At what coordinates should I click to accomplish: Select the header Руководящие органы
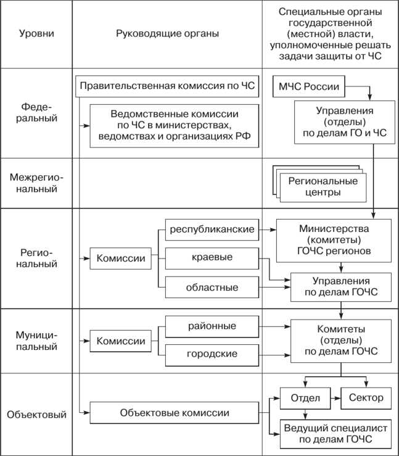(x=167, y=33)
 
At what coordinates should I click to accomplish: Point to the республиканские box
(x=212, y=229)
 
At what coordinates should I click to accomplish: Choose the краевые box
(x=212, y=257)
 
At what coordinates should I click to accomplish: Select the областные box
(x=212, y=287)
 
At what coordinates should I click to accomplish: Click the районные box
(x=212, y=325)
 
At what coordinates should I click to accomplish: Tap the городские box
(x=212, y=354)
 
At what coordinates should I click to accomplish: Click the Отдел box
(x=305, y=397)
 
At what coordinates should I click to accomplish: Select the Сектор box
(x=366, y=397)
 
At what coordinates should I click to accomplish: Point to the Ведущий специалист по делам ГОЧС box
(x=335, y=434)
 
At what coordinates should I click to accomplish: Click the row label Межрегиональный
(x=36, y=183)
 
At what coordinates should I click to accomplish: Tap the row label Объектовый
(x=36, y=414)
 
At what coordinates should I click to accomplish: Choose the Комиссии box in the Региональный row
(x=121, y=258)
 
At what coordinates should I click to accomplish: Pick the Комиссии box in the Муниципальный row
(x=121, y=341)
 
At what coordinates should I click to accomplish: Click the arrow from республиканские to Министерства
(x=267, y=229)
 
